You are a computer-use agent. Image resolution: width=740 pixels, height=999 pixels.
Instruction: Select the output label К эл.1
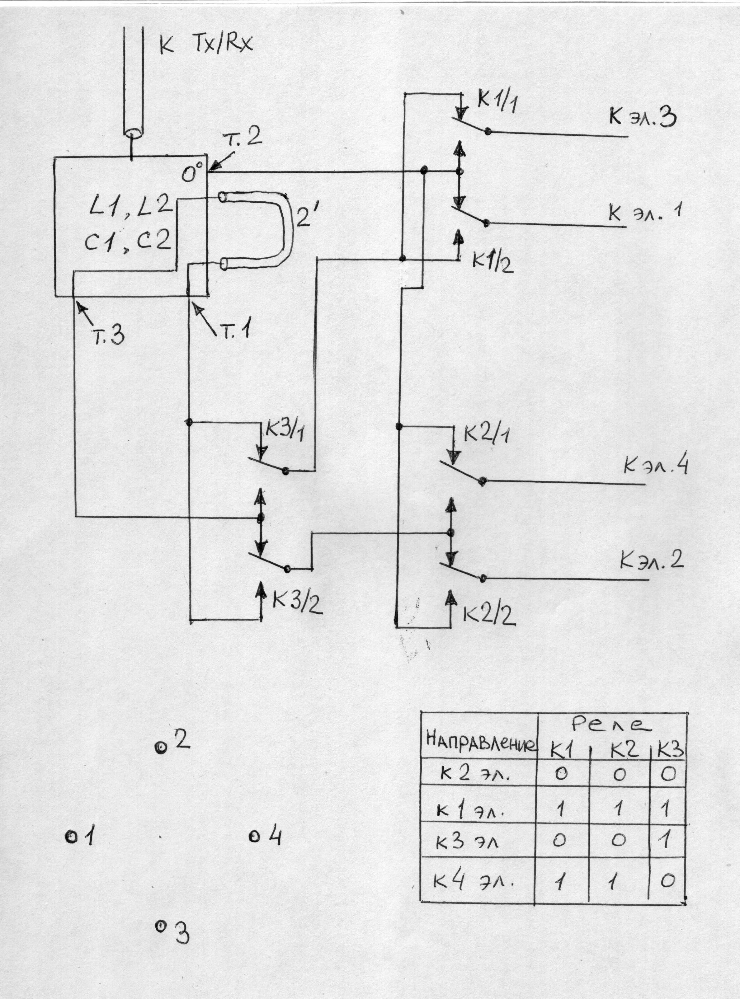[x=645, y=212]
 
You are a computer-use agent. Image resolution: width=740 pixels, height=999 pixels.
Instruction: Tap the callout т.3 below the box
[x=109, y=336]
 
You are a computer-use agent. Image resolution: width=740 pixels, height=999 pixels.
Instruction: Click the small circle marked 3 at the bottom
[x=159, y=925]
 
